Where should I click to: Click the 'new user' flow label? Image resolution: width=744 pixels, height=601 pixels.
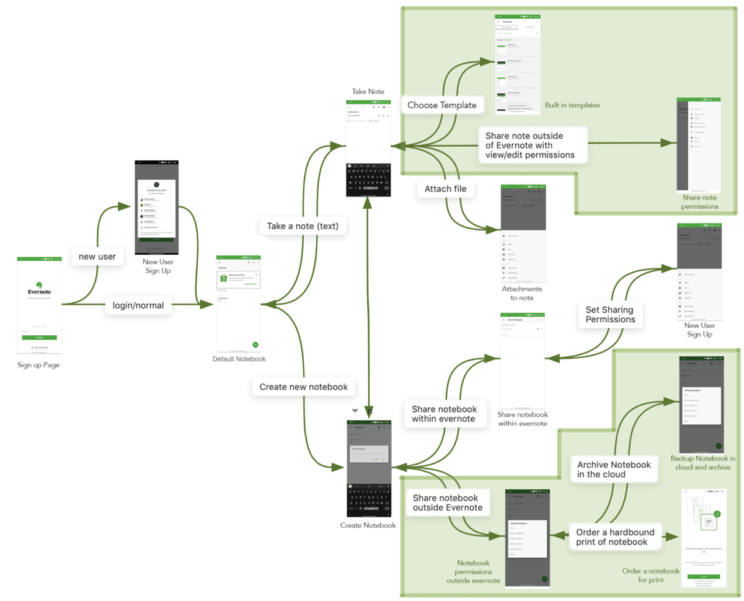(x=98, y=256)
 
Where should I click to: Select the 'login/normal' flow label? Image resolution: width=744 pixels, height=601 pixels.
(x=138, y=305)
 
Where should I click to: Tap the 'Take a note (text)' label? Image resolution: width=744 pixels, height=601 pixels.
(x=303, y=226)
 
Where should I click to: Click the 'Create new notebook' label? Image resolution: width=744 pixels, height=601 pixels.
(x=303, y=387)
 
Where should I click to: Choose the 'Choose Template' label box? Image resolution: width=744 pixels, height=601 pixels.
(x=441, y=105)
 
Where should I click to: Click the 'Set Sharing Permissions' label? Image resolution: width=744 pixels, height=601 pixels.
(x=610, y=314)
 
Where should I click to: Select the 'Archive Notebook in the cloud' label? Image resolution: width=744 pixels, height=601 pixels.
(x=614, y=470)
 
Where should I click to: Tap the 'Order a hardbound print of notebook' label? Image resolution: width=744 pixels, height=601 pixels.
(x=612, y=537)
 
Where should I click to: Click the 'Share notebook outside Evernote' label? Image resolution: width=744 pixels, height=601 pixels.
(x=445, y=503)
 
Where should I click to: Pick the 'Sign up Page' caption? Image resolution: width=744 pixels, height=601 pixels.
(x=38, y=365)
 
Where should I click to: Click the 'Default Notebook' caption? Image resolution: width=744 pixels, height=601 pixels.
(x=239, y=359)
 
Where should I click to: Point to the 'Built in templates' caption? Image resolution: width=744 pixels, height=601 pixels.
(x=572, y=105)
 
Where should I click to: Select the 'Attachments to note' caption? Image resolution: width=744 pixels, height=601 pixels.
(x=522, y=293)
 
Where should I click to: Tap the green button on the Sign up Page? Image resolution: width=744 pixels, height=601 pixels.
(x=39, y=338)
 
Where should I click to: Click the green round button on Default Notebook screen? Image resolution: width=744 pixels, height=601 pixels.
(x=255, y=344)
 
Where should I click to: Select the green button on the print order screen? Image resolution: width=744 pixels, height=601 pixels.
(x=703, y=576)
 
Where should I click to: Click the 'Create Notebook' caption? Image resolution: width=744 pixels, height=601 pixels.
(x=368, y=525)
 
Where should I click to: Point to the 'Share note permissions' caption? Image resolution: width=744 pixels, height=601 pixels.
(x=699, y=202)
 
